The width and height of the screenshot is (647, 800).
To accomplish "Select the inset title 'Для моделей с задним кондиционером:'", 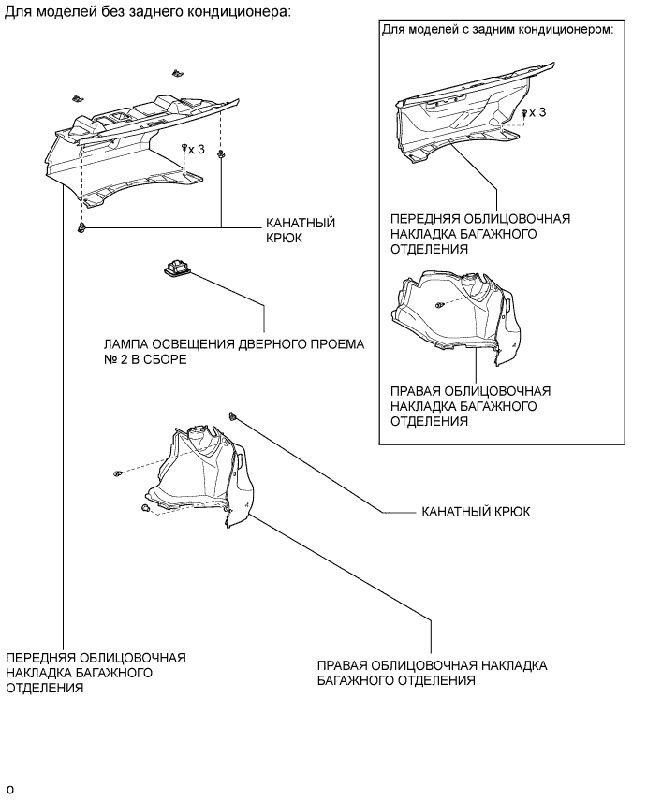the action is point(497,29).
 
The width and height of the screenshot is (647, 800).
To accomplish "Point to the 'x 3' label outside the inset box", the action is point(196,149).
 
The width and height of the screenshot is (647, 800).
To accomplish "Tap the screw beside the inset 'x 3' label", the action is point(523,112).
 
